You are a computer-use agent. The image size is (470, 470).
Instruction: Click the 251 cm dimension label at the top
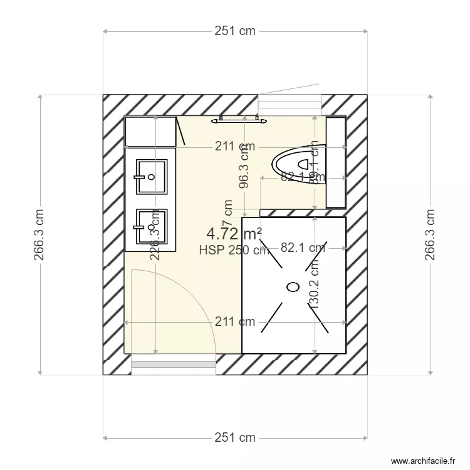[236, 31]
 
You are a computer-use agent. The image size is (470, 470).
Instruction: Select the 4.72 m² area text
[234, 234]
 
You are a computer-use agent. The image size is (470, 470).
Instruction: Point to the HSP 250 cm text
[234, 250]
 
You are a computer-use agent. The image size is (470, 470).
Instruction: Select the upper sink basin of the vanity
[151, 175]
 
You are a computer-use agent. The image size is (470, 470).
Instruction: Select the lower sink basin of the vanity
[151, 226]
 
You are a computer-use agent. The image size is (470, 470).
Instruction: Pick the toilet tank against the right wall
[335, 162]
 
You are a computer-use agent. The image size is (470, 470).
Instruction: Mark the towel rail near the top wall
[239, 118]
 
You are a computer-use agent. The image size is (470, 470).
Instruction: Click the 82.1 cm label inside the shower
[303, 248]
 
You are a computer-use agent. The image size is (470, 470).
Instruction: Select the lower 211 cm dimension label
[235, 322]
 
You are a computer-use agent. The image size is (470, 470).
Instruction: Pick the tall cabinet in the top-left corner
[150, 131]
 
